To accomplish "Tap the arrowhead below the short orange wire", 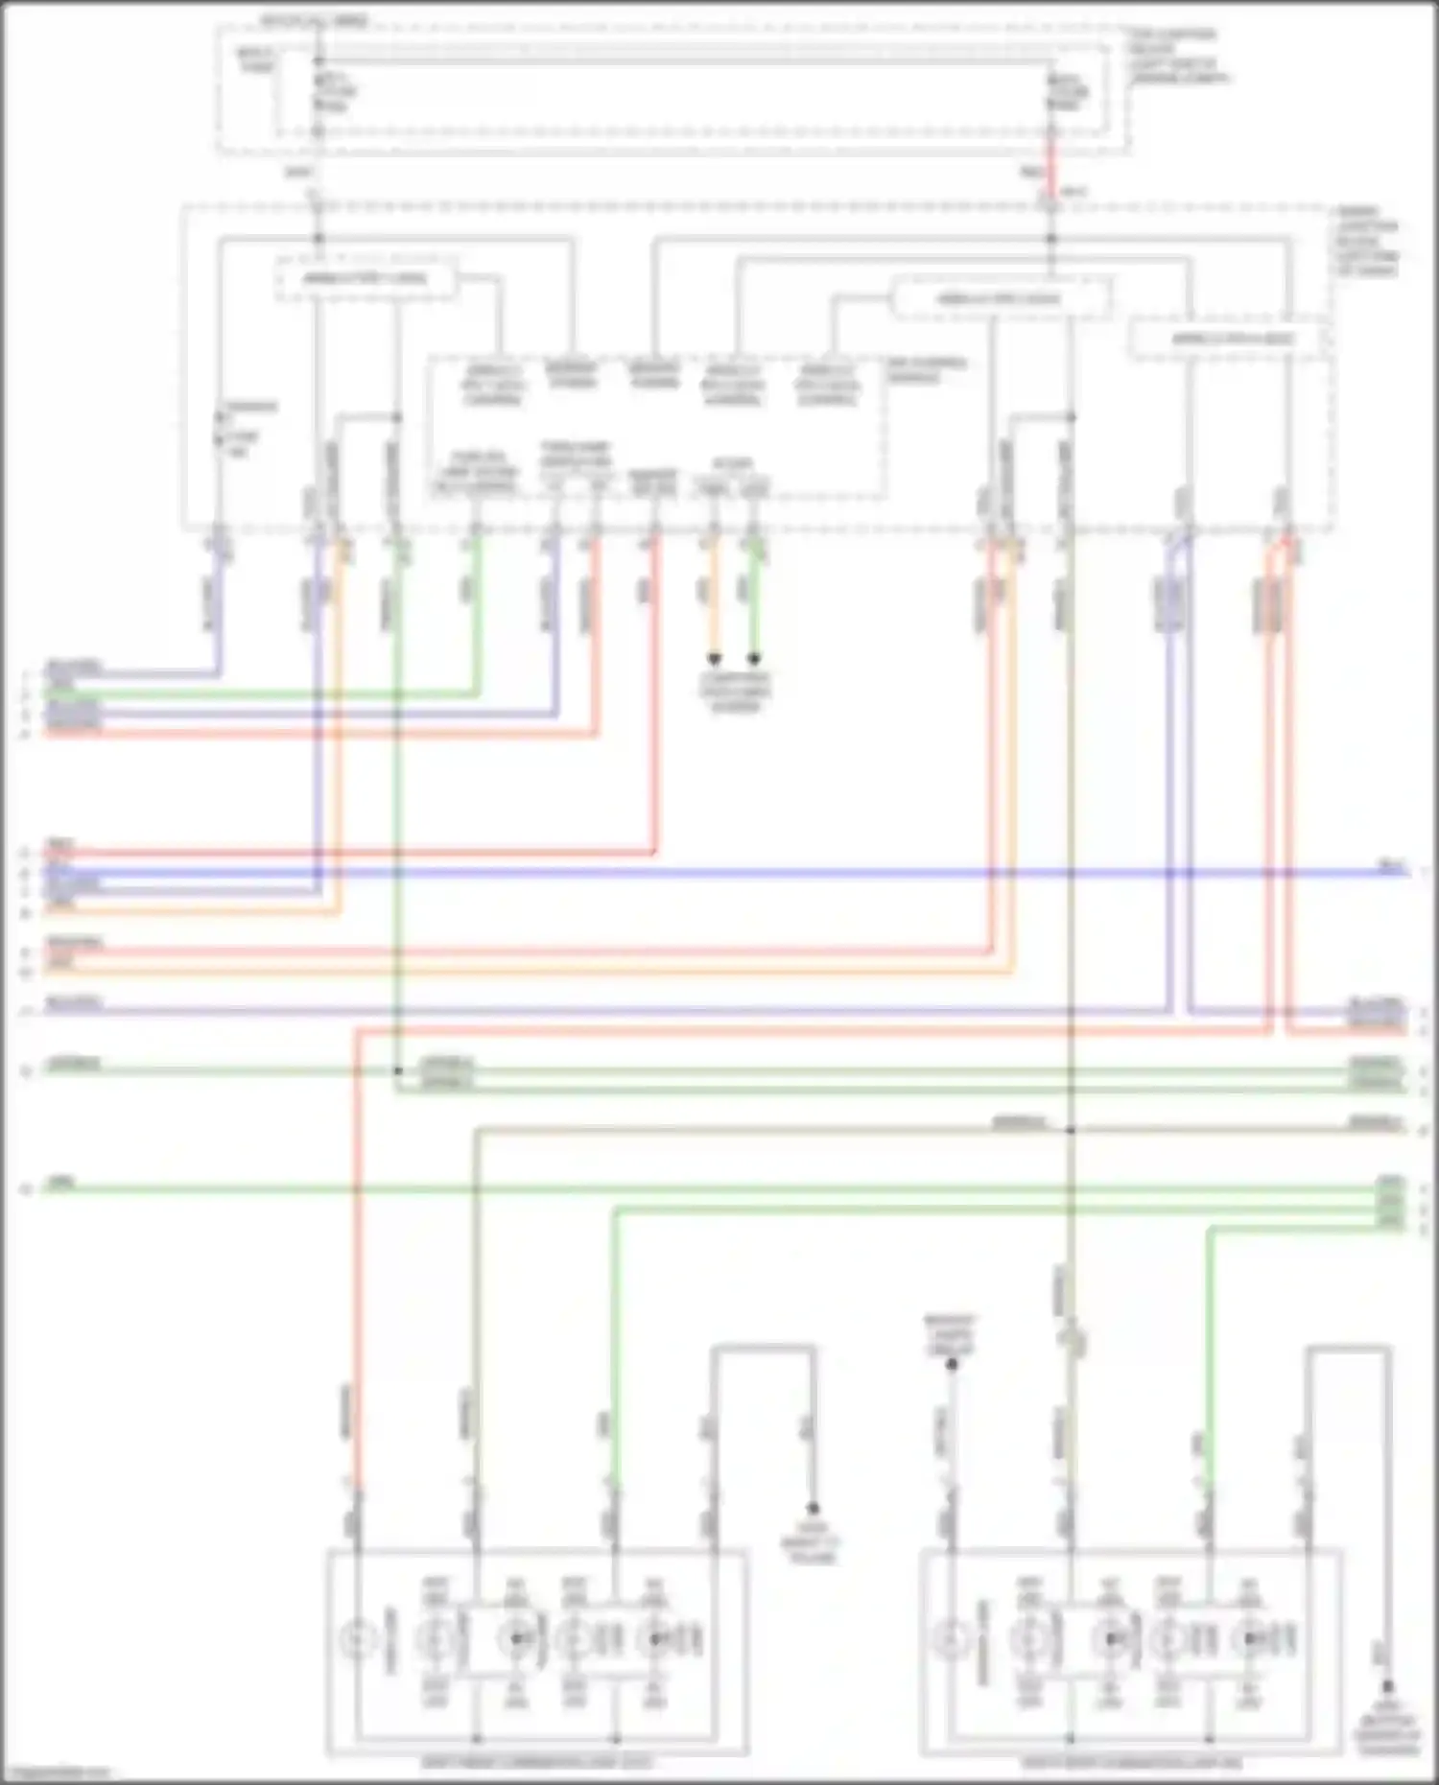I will point(714,659).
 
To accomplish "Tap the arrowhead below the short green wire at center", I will point(754,659).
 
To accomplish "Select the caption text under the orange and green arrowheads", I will point(734,692).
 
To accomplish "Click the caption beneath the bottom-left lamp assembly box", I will point(536,1763).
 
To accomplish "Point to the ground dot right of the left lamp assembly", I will point(813,1509).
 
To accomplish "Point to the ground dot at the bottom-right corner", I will point(1387,1685).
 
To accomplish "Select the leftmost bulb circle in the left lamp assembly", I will point(358,1639).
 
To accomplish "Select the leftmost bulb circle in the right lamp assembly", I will point(952,1639).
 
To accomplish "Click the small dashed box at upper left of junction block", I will point(366,279).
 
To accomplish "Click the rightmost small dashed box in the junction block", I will point(1231,339).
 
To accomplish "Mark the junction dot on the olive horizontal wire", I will point(1071,1130).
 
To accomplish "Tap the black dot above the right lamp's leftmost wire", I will point(952,1364).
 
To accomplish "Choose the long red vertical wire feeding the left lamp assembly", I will point(356,1247).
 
